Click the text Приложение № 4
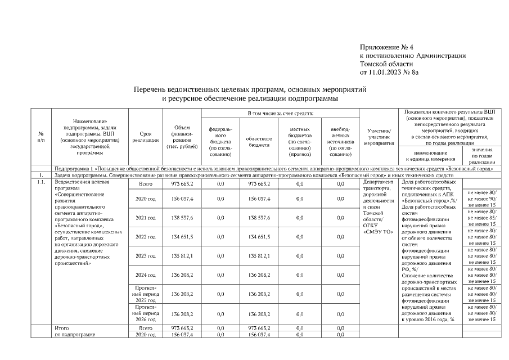click(x=386, y=47)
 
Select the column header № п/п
click(x=41, y=137)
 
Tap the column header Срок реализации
click(x=145, y=137)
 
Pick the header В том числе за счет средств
click(x=281, y=114)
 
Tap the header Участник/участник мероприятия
click(x=378, y=137)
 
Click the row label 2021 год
click(x=145, y=218)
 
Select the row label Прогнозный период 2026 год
click(x=145, y=314)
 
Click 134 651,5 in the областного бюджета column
click(x=259, y=237)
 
